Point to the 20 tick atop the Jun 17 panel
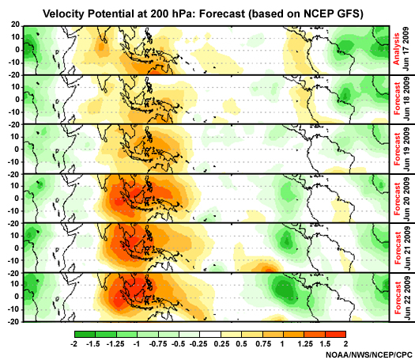tap(13, 25)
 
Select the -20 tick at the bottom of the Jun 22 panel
tap(11, 322)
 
